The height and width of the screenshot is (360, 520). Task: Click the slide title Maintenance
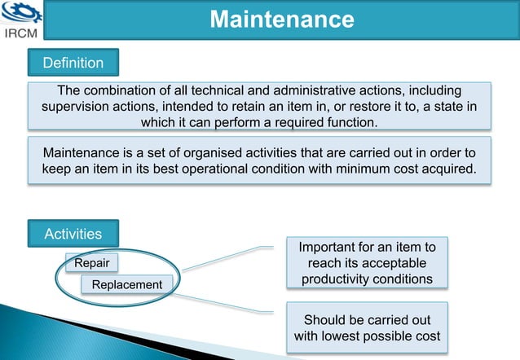tap(281, 20)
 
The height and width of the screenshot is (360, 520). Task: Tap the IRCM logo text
tap(24, 34)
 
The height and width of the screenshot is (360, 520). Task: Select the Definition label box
tap(73, 63)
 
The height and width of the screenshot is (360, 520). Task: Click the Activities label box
tap(73, 234)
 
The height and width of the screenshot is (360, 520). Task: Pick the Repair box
tap(91, 263)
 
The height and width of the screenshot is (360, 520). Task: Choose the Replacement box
tap(126, 284)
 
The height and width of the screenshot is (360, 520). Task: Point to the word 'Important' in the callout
tap(332, 246)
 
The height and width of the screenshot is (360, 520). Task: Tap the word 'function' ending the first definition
tap(350, 122)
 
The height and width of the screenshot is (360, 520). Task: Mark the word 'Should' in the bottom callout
tap(324, 319)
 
